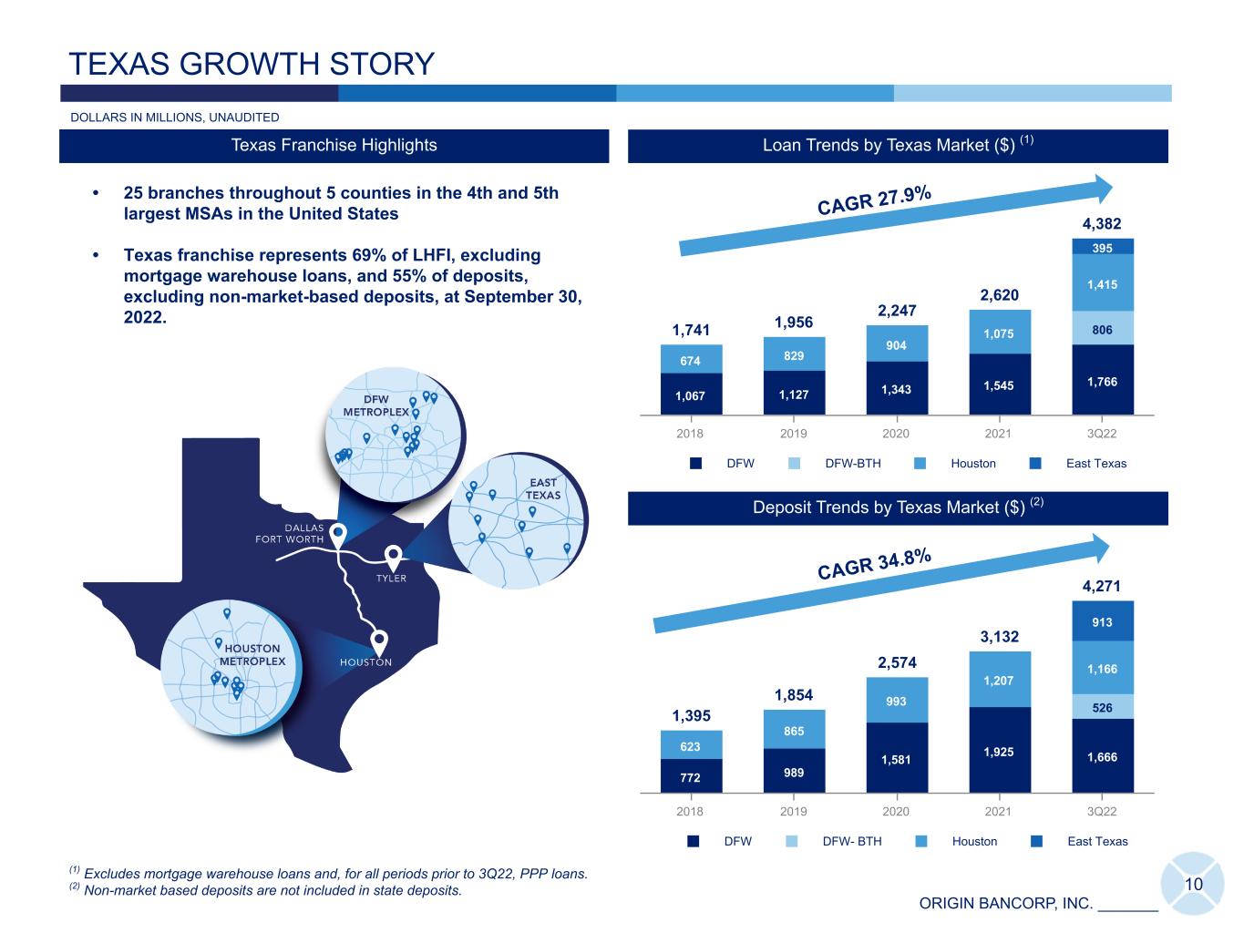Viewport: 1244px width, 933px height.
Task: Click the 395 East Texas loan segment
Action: [x=1103, y=246]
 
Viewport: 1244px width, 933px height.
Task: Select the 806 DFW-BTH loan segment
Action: [x=1103, y=328]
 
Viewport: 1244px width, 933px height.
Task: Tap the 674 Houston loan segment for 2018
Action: [x=691, y=359]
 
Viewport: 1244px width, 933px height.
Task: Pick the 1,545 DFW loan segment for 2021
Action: [x=1000, y=384]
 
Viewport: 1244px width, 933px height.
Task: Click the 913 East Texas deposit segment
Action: [x=1103, y=620]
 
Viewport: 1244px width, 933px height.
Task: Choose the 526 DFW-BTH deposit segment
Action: [x=1103, y=707]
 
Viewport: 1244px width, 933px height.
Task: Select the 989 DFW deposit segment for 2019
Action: [x=794, y=771]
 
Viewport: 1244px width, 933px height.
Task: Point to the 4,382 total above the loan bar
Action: [x=1101, y=224]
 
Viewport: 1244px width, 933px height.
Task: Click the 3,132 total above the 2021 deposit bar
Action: [x=999, y=637]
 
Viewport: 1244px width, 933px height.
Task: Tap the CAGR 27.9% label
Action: [x=874, y=200]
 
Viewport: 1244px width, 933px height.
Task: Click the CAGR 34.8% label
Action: [x=874, y=564]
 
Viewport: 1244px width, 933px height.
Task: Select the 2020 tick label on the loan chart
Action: [x=896, y=434]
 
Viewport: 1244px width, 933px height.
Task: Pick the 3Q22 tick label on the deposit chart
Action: [x=1101, y=811]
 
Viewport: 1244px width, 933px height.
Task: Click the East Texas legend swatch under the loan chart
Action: [x=1035, y=464]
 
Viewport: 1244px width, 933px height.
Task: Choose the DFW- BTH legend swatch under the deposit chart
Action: [x=792, y=841]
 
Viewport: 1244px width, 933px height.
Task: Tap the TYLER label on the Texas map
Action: [x=391, y=579]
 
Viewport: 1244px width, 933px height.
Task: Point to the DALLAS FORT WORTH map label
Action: [x=290, y=534]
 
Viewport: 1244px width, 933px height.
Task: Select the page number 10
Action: [x=1194, y=884]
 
